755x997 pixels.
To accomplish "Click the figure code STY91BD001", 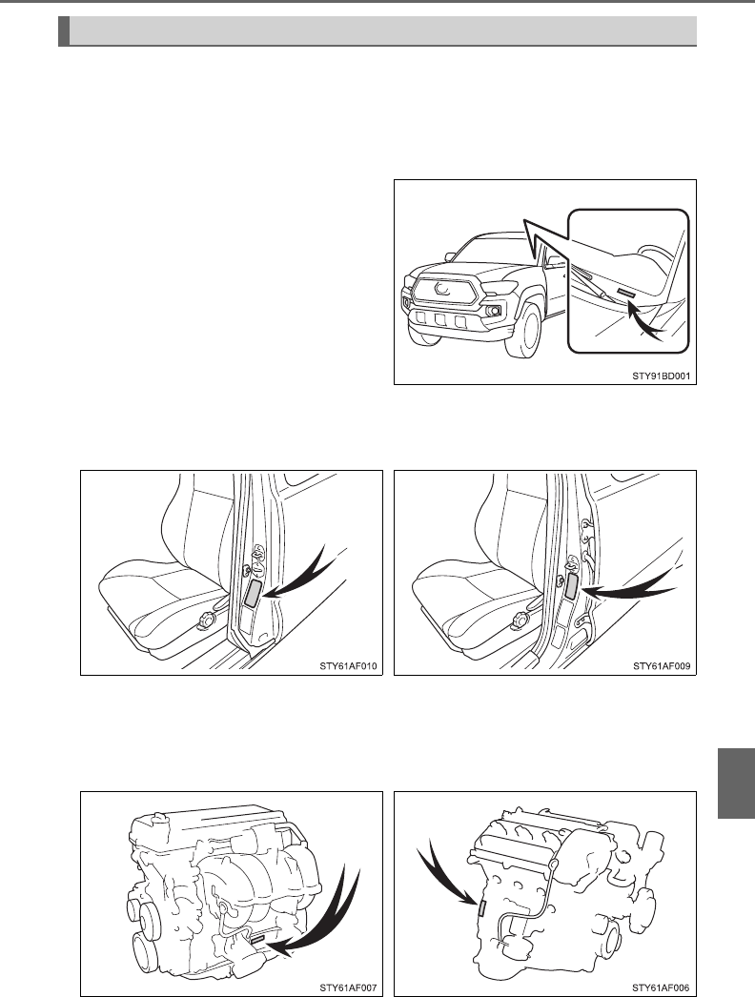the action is pos(662,376).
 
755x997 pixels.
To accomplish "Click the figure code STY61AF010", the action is pos(349,666).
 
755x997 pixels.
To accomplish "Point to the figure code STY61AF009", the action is pos(662,666).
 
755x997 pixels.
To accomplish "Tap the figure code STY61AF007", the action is pos(349,987).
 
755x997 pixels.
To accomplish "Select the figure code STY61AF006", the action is pos(662,987).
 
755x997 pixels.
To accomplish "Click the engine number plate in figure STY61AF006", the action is pos(481,908).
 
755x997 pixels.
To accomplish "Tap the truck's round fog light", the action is pos(492,313).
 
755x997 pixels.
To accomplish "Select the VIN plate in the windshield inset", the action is pos(625,293).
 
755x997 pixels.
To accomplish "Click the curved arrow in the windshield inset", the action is pos(645,321).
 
